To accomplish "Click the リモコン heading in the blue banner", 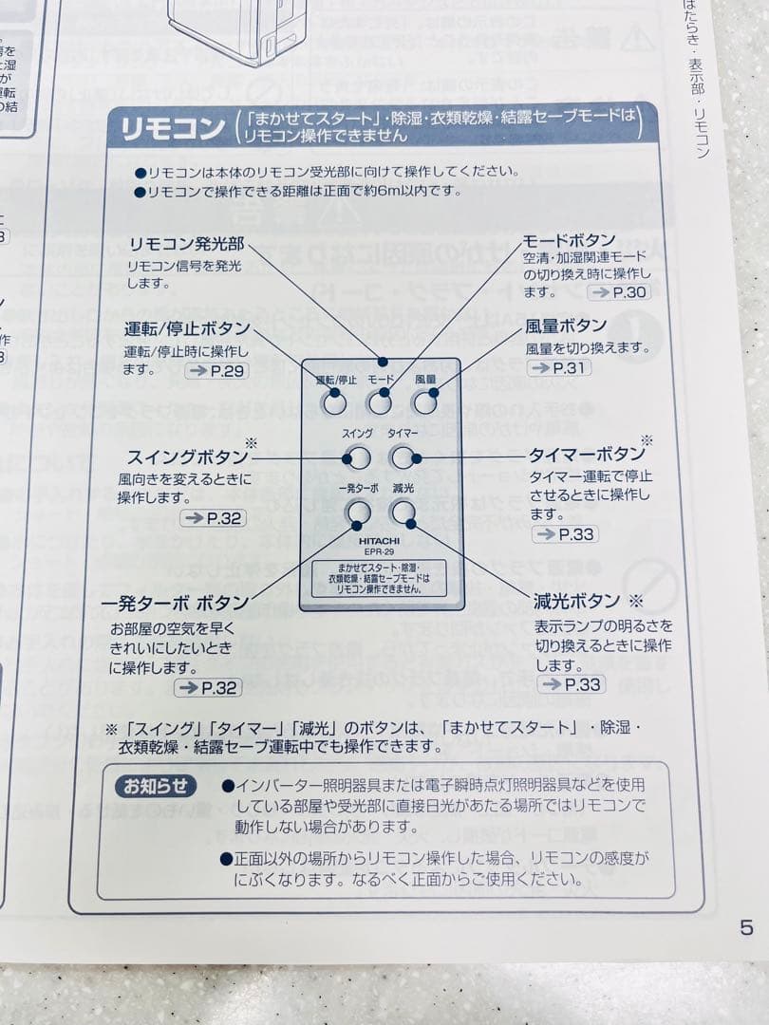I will tap(166, 128).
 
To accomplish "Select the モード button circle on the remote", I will tap(380, 403).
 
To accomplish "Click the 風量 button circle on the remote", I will tap(423, 403).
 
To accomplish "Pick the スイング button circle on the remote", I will tap(357, 458).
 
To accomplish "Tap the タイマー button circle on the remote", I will tap(403, 458).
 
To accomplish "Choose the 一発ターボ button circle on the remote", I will tap(358, 513).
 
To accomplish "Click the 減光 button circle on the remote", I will tap(403, 513).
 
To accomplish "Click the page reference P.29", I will tap(217, 370).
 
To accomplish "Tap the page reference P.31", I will tap(558, 367).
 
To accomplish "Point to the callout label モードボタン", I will tap(570, 240).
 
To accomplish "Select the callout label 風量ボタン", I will tap(566, 326).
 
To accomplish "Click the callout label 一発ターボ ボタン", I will tap(176, 604).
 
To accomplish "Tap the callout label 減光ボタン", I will tap(577, 601).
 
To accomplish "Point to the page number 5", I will tap(746, 927).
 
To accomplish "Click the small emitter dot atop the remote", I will tap(382, 362).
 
